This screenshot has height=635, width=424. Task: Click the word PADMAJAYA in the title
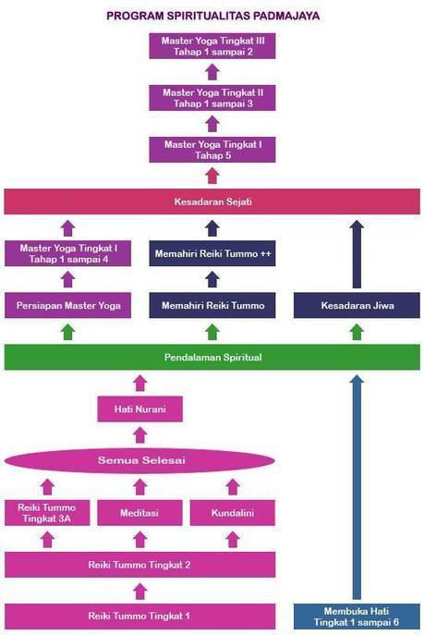coord(286,16)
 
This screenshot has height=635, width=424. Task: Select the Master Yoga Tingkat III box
coord(212,46)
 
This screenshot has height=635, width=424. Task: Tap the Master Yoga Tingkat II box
coord(212,98)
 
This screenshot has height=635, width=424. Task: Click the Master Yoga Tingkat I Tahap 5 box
coord(212,150)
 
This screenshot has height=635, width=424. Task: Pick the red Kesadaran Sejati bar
coord(212,201)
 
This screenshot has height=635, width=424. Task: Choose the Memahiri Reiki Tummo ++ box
coord(212,253)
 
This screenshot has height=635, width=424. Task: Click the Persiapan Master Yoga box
coord(68,305)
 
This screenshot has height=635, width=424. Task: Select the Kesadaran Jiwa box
coord(357,305)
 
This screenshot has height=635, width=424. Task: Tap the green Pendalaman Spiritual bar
coord(212,357)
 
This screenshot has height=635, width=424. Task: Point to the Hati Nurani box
coord(140,409)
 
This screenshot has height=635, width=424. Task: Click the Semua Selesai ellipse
coord(140,460)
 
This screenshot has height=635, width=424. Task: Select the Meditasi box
coord(140,513)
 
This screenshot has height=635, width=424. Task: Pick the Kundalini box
coord(233,513)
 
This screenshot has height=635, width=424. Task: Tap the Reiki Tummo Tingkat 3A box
coord(47,513)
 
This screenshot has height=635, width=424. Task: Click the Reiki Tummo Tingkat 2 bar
coord(140,565)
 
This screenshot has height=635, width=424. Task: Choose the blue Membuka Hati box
coord(357,617)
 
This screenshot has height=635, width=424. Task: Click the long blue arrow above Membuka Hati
coord(357,487)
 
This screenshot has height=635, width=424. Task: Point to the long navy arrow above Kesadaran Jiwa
coord(357,254)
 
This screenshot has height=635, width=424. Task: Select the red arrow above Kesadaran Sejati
coord(212,177)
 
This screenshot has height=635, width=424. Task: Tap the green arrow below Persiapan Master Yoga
coord(68,332)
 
